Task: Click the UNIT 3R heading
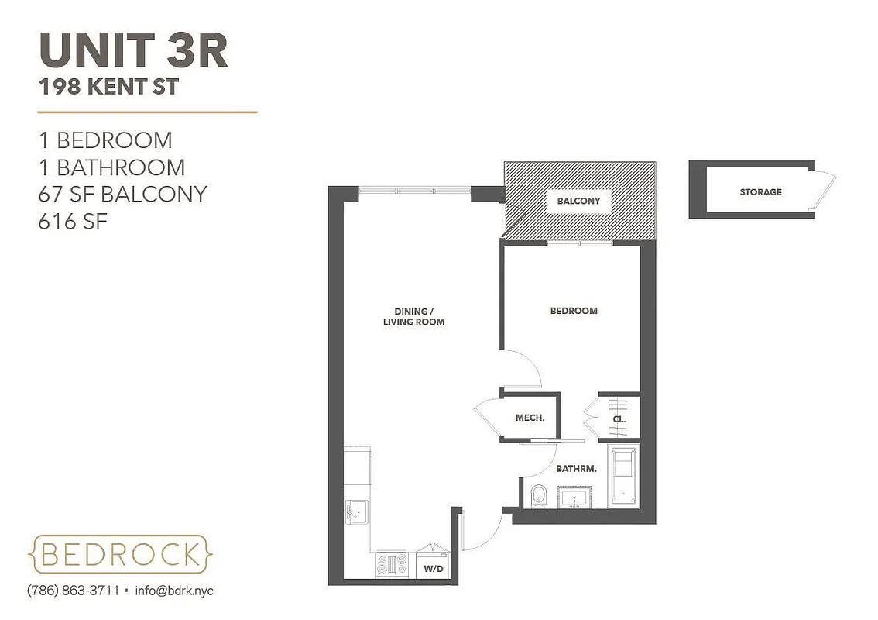pos(133,50)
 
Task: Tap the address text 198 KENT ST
pos(109,87)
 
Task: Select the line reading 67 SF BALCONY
pos(123,194)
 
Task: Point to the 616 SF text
pos(73,222)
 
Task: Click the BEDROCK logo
pos(120,554)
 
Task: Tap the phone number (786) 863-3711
pos(73,591)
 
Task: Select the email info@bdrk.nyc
pos(174,591)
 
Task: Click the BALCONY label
pos(578,201)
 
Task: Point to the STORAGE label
pos(760,191)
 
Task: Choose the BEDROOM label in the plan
pos(574,311)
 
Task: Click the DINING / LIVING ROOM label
pos(413,316)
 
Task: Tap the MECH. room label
pos(530,418)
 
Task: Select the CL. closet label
pos(619,419)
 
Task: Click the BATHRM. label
pos(576,468)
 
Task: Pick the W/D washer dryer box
pos(433,567)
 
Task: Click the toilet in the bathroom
pos(538,494)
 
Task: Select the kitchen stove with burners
pos(392,564)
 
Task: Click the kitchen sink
pos(358,511)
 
